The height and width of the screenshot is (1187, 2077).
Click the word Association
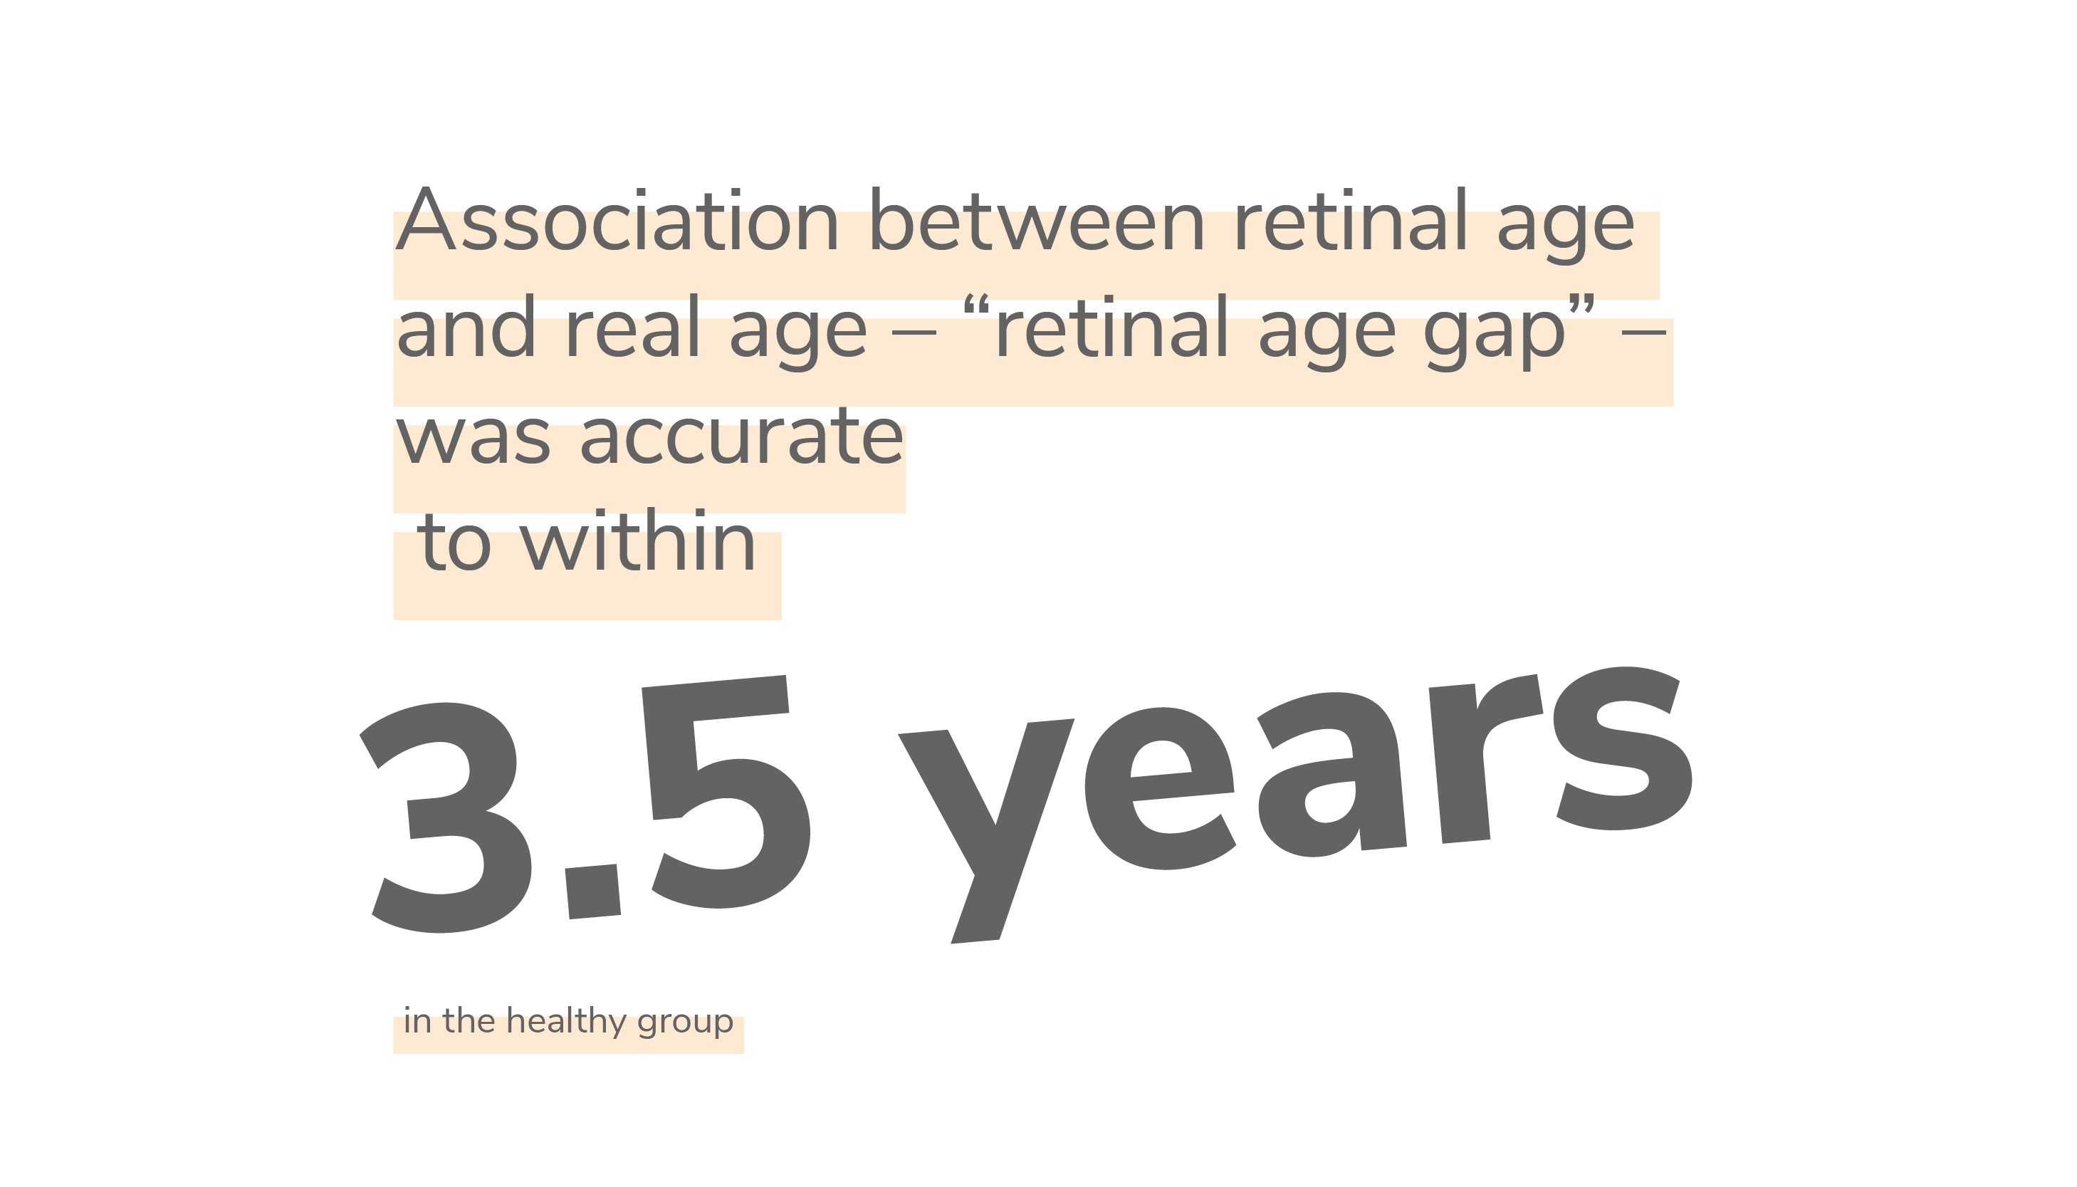coord(617,220)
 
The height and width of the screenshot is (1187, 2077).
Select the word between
coord(1037,220)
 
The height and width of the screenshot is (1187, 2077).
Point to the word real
coord(632,326)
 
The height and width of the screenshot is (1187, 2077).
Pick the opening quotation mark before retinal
coord(975,305)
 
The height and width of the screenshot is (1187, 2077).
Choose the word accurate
coord(742,436)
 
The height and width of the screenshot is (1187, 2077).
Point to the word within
coord(638,540)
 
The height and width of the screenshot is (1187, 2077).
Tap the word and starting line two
coord(466,326)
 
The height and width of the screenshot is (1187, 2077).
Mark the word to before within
coord(454,543)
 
